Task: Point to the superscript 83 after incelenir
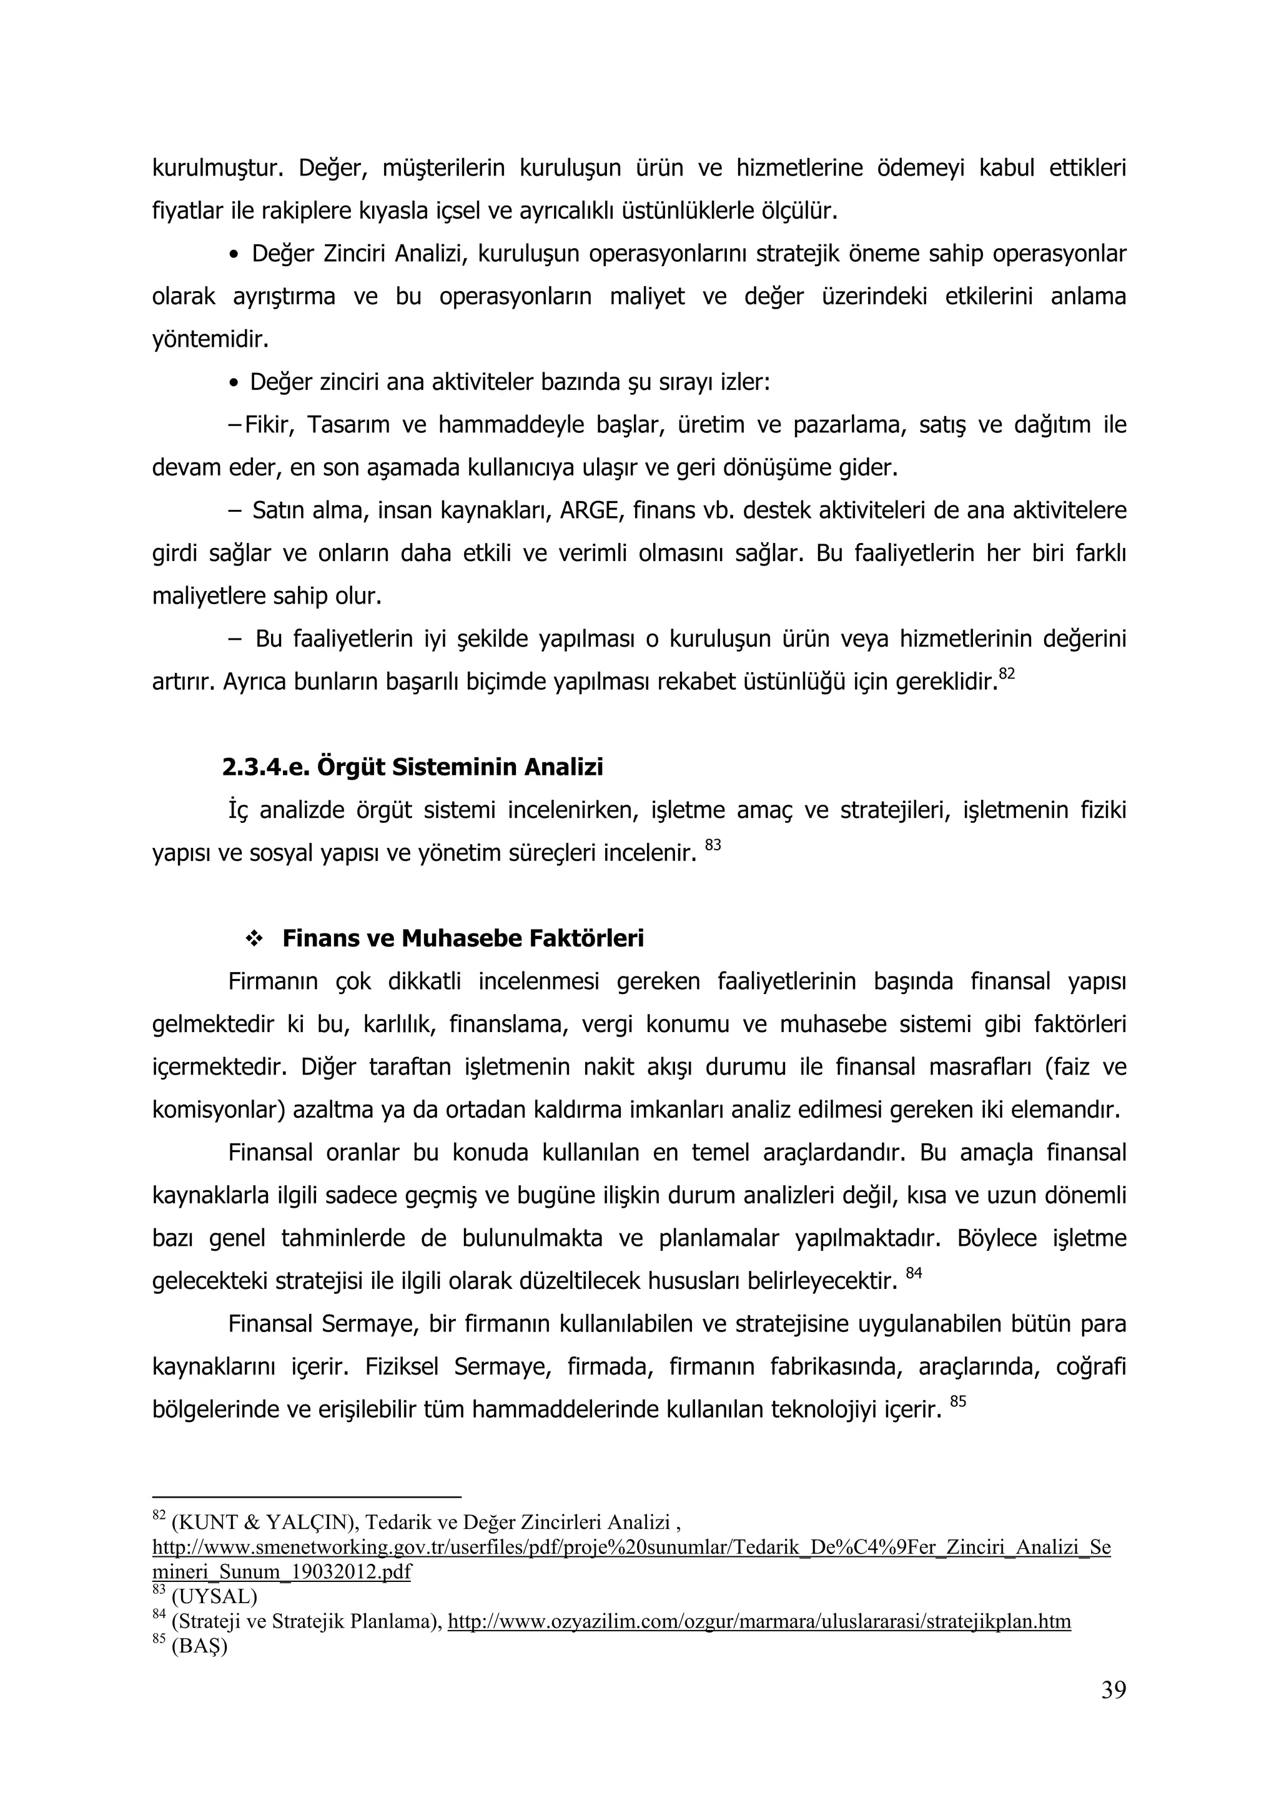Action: [713, 845]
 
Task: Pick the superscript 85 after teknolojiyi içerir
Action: [957, 1401]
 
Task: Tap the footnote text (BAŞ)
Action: [199, 1647]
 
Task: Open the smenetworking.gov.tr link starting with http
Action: [630, 1548]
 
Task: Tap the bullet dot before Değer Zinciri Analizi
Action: [234, 256]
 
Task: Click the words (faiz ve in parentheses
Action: [1086, 1067]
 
